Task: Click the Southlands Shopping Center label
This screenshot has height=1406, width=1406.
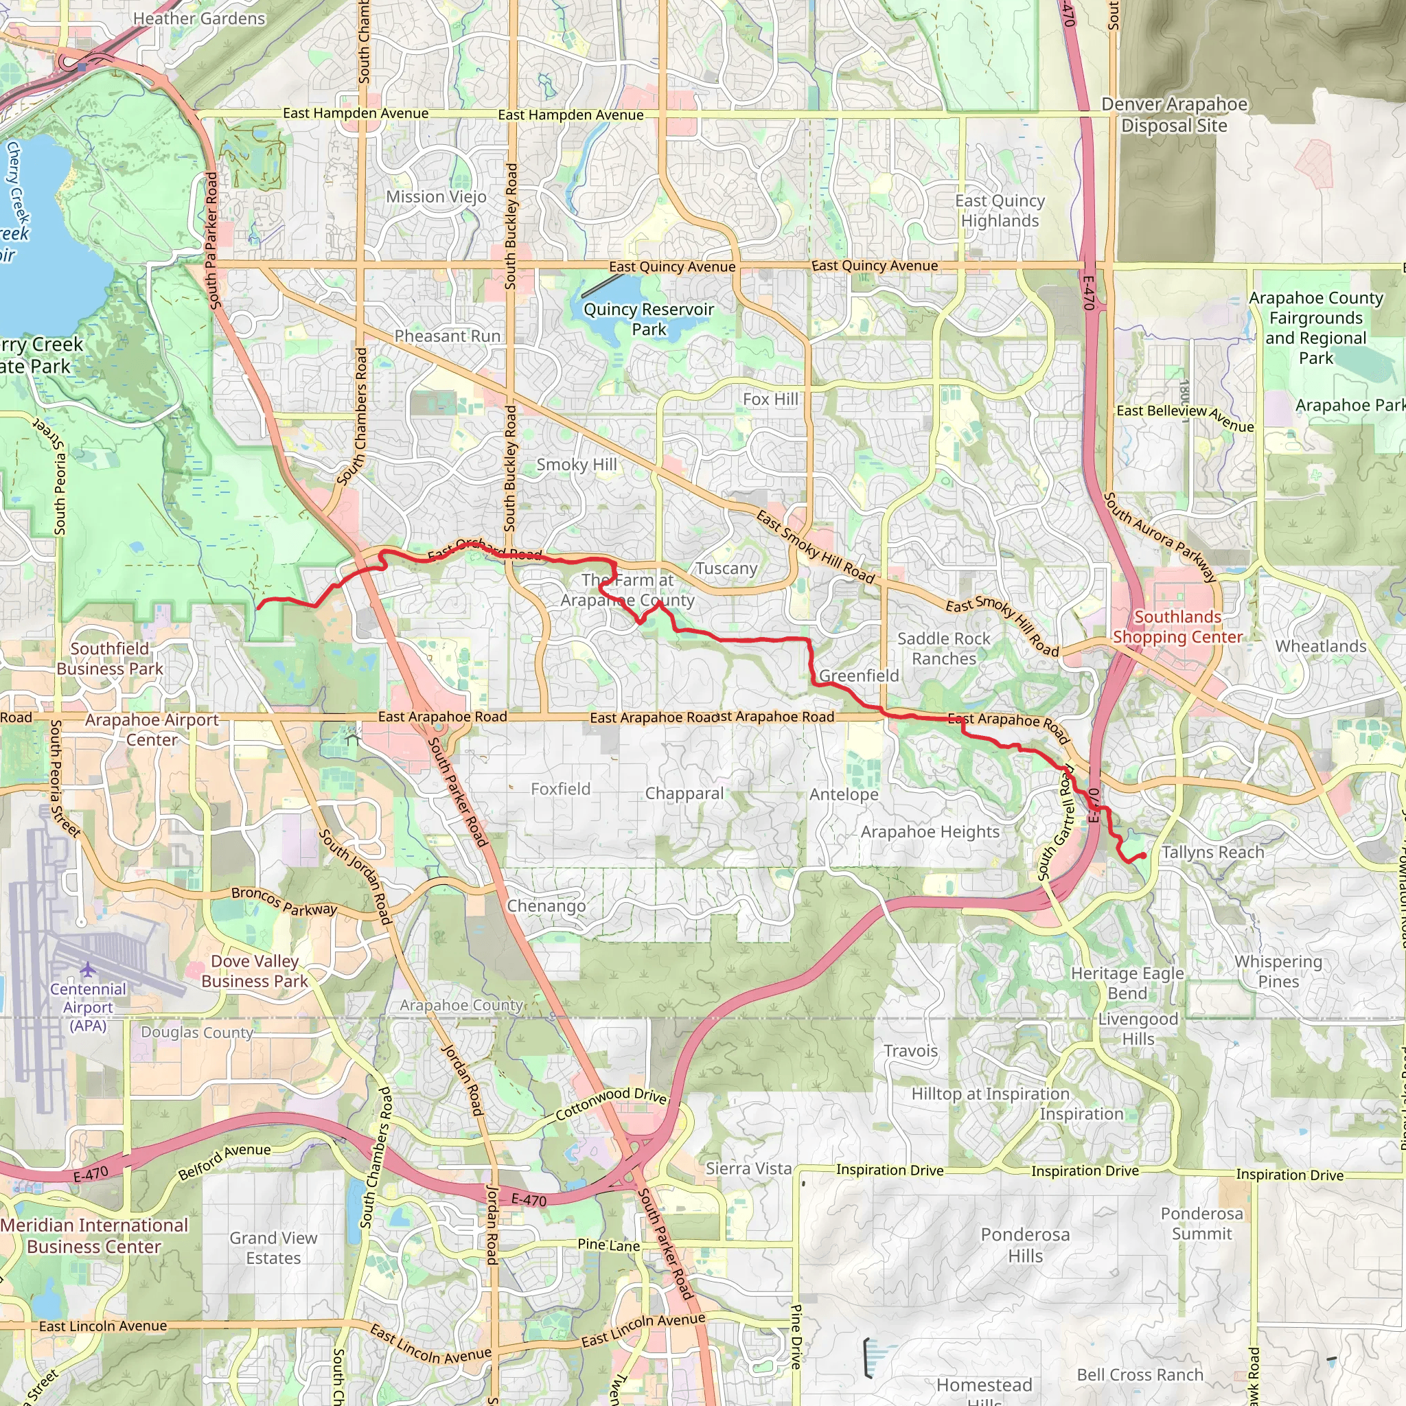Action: click(x=1177, y=627)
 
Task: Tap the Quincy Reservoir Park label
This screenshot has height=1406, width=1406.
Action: click(x=648, y=319)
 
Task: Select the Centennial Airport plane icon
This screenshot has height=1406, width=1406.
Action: click(x=88, y=969)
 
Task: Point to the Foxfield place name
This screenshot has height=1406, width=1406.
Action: click(x=560, y=789)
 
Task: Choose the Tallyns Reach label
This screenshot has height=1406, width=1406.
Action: click(x=1212, y=852)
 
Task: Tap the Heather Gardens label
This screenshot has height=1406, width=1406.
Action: click(x=198, y=19)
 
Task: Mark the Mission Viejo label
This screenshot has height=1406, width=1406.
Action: click(x=436, y=196)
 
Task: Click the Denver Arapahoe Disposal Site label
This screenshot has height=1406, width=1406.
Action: click(x=1174, y=115)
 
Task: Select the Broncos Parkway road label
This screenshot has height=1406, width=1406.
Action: click(x=284, y=901)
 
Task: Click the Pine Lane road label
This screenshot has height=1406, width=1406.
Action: click(x=608, y=1245)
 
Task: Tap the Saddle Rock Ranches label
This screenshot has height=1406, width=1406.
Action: click(x=943, y=648)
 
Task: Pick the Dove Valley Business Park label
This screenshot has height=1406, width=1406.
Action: click(x=255, y=971)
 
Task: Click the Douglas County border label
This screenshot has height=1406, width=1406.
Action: click(x=196, y=1032)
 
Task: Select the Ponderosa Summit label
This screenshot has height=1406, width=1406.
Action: click(x=1201, y=1223)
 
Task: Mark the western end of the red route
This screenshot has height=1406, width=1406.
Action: click(x=258, y=606)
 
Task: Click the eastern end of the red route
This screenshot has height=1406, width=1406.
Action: click(x=1144, y=856)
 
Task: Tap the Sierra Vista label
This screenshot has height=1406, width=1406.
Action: click(x=748, y=1168)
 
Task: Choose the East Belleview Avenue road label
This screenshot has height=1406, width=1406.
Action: click(x=1185, y=417)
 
